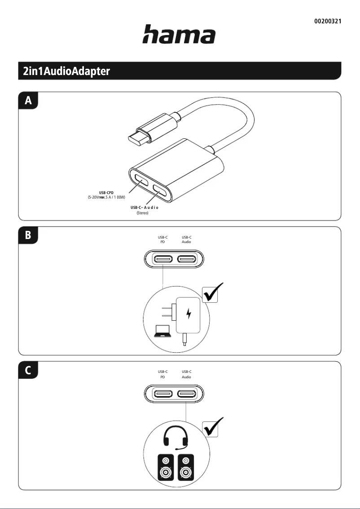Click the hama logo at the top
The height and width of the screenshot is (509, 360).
(179, 35)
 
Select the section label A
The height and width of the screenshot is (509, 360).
(28, 101)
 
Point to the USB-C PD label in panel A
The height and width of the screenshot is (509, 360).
(106, 192)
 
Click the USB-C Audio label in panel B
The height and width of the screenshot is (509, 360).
(186, 239)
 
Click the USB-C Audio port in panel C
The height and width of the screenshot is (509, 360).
(186, 394)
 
